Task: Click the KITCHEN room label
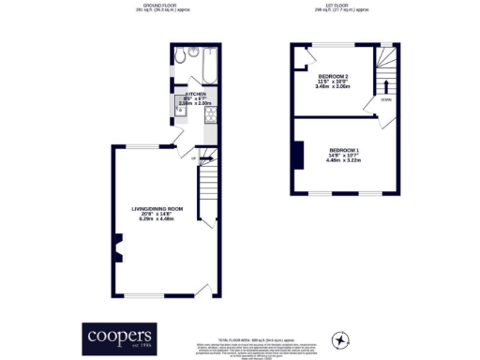point(195,95)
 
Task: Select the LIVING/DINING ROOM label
point(157,208)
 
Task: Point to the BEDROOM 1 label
point(344,150)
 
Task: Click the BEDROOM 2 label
point(333,76)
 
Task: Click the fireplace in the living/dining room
point(115,248)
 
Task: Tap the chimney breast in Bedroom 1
point(298,155)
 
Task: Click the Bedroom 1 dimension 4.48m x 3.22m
point(344,159)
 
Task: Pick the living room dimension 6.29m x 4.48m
point(157,219)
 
